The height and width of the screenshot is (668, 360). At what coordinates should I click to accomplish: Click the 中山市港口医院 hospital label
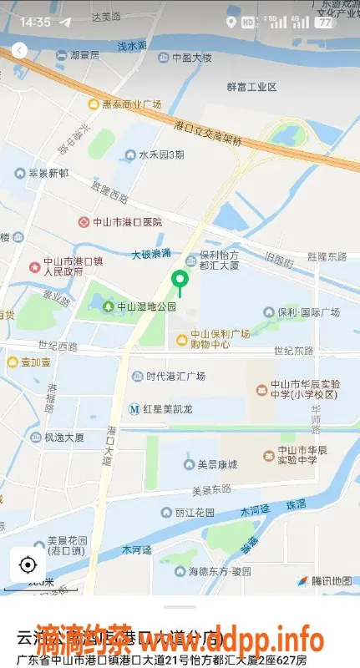pos(121,222)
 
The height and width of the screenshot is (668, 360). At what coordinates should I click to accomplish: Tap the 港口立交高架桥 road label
pos(209,133)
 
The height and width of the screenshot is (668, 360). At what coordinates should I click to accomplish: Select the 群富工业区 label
pos(251,86)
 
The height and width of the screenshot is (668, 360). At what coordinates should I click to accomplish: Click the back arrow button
pos(19,51)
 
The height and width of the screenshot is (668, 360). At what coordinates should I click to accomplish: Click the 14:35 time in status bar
pos(35,22)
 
